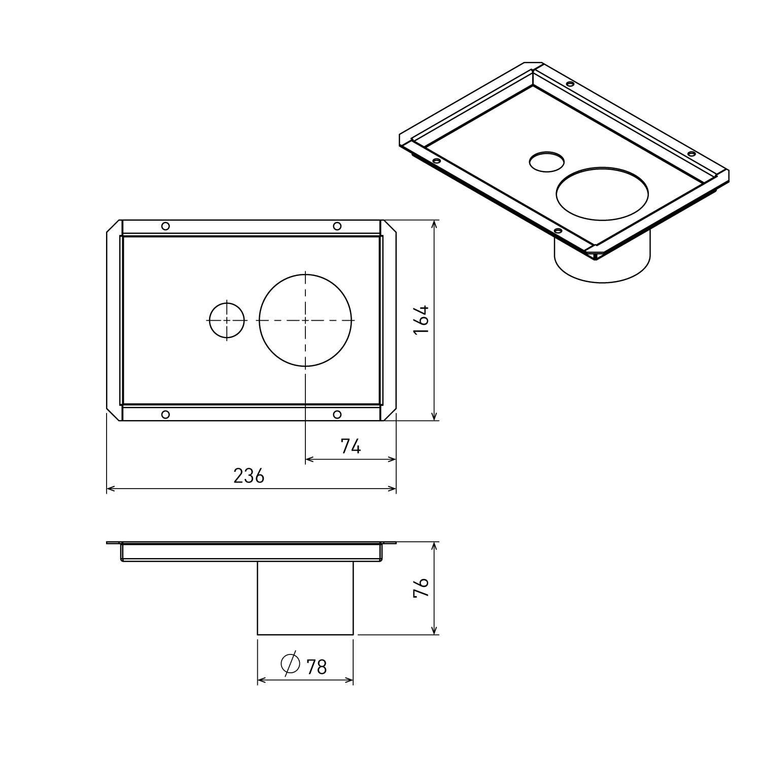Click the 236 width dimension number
tap(249, 476)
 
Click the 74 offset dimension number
tap(351, 446)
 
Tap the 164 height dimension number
tap(422, 319)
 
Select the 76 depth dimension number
tap(422, 589)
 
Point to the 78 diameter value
tap(317, 667)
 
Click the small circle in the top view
tap(226, 320)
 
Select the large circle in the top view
tap(305, 320)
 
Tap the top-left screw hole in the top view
tap(165, 226)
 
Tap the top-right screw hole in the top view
tap(337, 226)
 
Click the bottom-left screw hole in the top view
tap(165, 414)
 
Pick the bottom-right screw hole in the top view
tap(337, 414)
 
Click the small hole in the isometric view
tap(546, 161)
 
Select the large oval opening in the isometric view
tap(602, 194)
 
